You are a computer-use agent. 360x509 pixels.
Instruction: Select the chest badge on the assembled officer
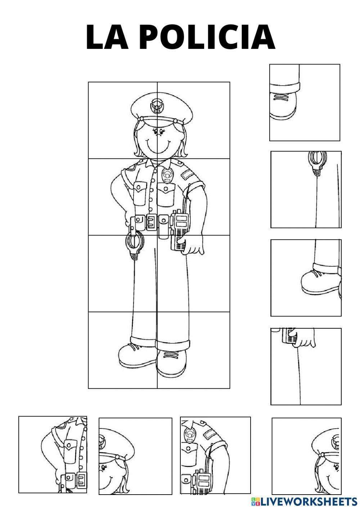167,175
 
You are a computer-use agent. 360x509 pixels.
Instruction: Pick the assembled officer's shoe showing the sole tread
172,360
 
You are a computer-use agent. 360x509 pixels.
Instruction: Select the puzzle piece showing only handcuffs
306,189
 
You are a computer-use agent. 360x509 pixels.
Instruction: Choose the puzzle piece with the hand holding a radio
306,366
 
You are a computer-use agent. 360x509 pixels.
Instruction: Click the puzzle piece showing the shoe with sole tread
305,102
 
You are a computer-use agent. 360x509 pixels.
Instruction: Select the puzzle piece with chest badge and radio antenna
215,455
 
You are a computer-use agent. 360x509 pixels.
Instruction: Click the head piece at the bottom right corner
306,456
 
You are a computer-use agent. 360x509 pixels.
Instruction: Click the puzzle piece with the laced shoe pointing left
306,278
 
